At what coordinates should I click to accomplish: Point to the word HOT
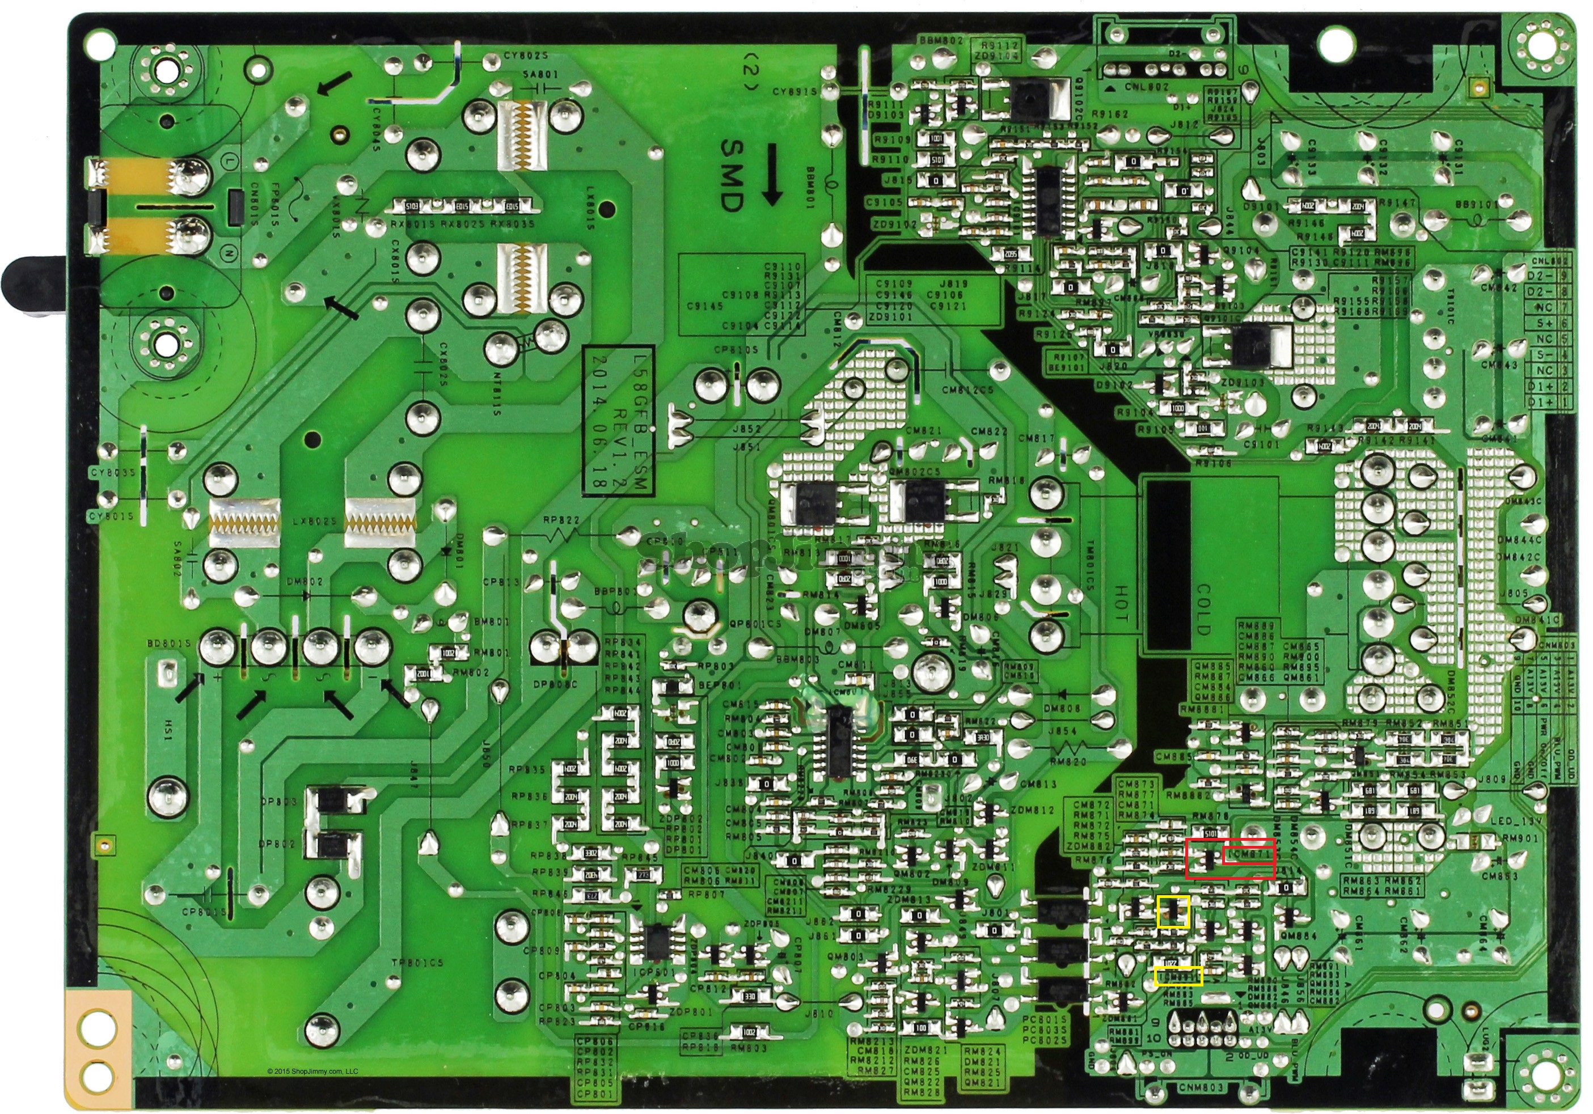point(1120,603)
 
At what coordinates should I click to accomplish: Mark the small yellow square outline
point(1173,911)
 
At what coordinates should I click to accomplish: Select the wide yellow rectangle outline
point(1178,976)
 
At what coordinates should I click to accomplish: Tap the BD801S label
point(168,643)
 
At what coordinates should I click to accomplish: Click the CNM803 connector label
point(1201,1088)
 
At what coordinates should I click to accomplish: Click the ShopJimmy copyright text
point(313,1071)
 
